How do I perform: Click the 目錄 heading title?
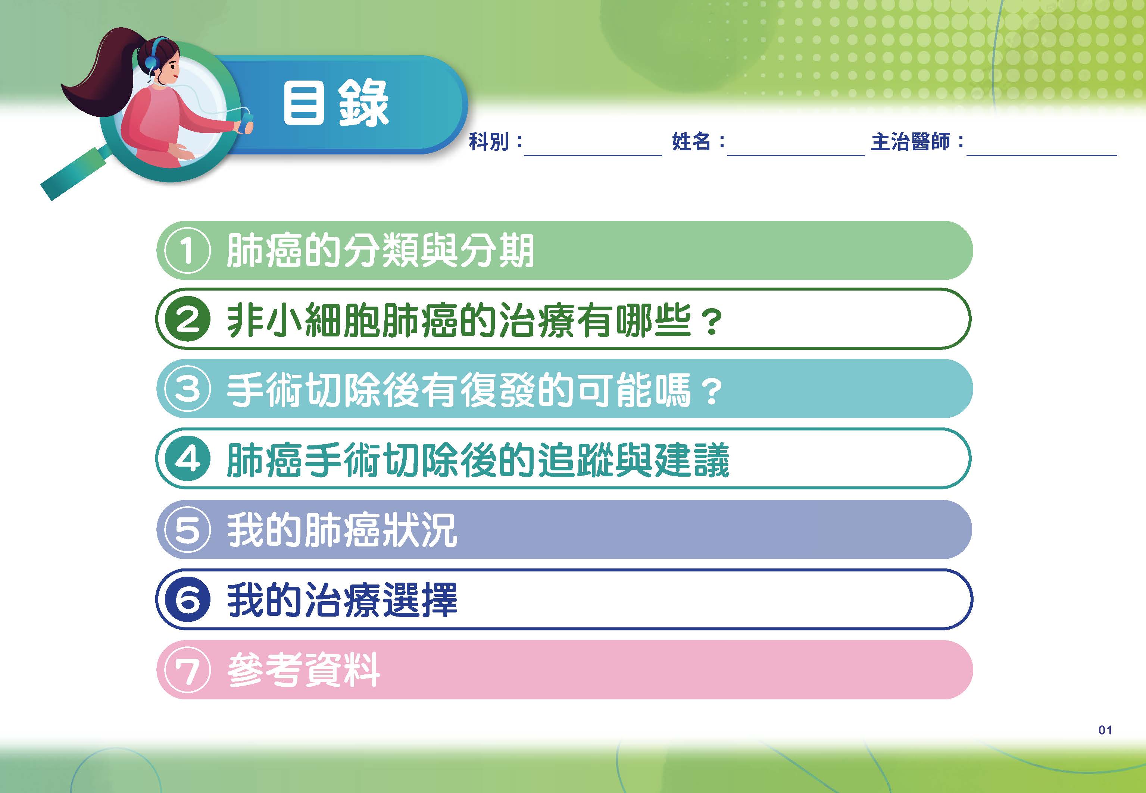[x=335, y=103]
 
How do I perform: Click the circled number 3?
[x=187, y=389]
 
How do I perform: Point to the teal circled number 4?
[x=187, y=459]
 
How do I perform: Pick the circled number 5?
[x=187, y=529]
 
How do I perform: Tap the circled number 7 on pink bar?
[x=187, y=670]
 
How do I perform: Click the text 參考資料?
[x=304, y=670]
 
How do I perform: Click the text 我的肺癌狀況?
[x=342, y=530]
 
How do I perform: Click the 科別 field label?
[x=489, y=142]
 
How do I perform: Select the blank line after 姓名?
[x=796, y=156]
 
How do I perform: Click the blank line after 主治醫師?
[x=1042, y=156]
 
